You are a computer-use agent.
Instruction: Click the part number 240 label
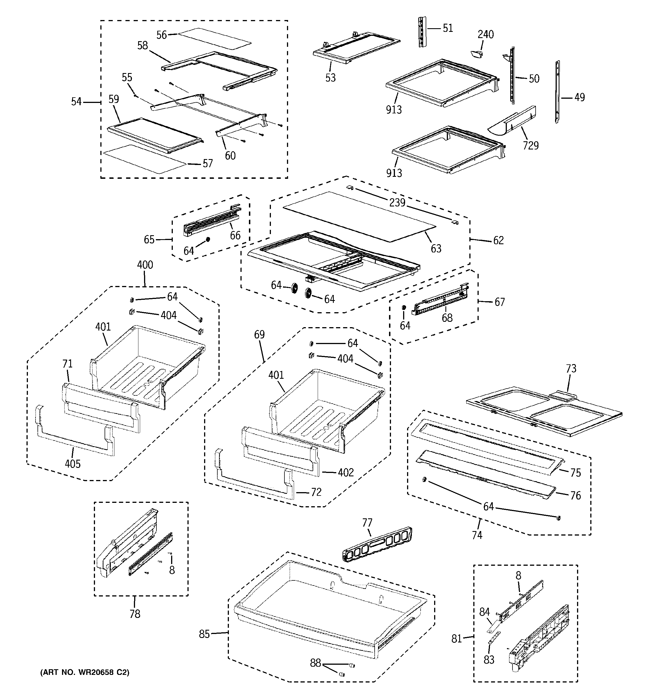click(x=485, y=34)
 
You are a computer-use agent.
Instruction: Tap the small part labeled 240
click(x=476, y=54)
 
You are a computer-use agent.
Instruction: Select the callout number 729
click(x=531, y=145)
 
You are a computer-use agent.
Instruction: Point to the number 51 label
click(x=448, y=28)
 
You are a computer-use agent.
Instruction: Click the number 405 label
click(x=73, y=464)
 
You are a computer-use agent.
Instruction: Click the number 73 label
click(x=571, y=369)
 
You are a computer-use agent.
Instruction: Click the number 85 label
click(x=204, y=634)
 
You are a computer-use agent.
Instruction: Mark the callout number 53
click(x=330, y=78)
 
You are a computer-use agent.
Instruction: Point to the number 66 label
click(x=235, y=235)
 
